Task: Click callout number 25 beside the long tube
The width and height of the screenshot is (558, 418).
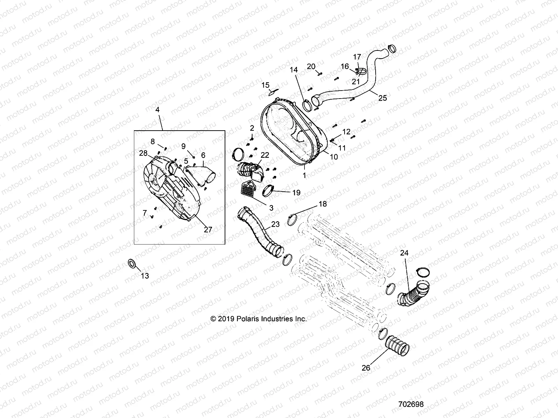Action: [x=383, y=98]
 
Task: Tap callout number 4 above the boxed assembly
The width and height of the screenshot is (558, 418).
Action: [x=157, y=109]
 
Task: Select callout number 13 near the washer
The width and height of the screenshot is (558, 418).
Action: [x=145, y=276]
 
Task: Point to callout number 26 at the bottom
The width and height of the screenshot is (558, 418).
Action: [x=366, y=367]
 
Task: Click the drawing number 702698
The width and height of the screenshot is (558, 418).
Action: [x=411, y=404]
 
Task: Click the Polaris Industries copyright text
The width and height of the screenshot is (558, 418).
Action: [x=258, y=319]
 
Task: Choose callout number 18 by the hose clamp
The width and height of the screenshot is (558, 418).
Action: [x=323, y=204]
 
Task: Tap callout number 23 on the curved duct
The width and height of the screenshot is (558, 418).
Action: [x=275, y=224]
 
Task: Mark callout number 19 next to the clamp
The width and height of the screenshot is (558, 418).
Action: [x=296, y=192]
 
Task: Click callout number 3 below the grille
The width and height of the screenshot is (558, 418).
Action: [x=271, y=208]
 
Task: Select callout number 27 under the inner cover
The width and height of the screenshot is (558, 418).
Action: [x=208, y=230]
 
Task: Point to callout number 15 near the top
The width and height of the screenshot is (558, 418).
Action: [x=265, y=85]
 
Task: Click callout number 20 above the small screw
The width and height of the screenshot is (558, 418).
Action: [x=311, y=67]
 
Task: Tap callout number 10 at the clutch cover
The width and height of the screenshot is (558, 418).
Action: [x=334, y=157]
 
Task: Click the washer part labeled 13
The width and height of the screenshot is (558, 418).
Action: [x=132, y=263]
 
